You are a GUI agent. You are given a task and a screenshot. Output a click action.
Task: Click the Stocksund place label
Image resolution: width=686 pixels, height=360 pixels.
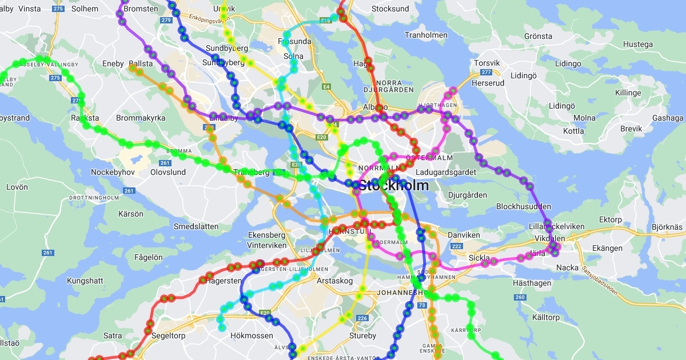click(390, 9)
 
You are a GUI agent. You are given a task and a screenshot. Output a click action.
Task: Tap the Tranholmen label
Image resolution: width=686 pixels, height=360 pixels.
click(426, 35)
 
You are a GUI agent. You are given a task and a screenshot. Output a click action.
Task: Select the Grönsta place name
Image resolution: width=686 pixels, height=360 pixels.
click(538, 36)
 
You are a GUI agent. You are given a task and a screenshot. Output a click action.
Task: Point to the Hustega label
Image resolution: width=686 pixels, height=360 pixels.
click(637, 44)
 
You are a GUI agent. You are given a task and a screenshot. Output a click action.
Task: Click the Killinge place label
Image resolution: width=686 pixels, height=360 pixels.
click(628, 93)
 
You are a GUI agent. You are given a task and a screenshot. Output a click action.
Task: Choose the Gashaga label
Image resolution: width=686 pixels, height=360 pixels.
click(668, 118)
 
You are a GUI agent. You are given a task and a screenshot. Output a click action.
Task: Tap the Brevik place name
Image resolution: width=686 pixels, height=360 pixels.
click(631, 129)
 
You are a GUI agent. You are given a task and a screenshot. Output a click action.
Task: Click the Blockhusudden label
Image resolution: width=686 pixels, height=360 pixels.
click(523, 206)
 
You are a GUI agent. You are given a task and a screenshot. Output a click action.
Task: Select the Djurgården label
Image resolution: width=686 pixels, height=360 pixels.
click(468, 195)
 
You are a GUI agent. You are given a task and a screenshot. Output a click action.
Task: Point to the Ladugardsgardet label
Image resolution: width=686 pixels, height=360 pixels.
click(446, 172)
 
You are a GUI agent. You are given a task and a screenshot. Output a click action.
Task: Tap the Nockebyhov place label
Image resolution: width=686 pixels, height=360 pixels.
click(113, 172)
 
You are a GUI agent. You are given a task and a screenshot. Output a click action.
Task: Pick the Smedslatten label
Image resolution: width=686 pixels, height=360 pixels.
click(196, 226)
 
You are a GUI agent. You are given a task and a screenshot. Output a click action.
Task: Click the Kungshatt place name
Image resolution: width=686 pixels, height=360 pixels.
click(85, 281)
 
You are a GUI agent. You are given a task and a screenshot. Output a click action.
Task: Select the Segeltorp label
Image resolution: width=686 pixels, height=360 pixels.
click(168, 336)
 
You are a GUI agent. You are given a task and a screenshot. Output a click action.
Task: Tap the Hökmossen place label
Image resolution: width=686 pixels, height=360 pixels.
click(252, 336)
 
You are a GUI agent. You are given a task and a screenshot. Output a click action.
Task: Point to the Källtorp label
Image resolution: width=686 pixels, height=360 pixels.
click(545, 317)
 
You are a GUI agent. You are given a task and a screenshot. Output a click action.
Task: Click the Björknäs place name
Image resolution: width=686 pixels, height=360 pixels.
click(667, 227)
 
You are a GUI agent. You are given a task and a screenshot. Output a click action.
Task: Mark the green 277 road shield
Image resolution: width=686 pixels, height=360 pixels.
click(486, 72)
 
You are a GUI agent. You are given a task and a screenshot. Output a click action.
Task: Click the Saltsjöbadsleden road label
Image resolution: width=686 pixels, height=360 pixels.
click(600, 280)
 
